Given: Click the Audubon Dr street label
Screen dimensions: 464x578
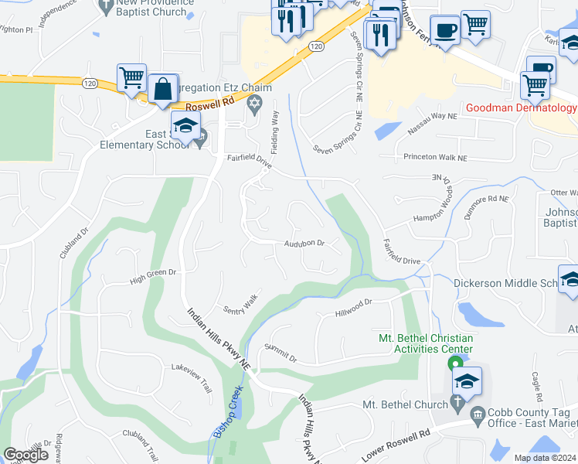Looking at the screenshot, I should point(304,243).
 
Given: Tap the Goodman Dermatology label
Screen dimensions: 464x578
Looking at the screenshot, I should point(521,108).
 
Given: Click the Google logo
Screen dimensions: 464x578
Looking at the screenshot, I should point(25,455).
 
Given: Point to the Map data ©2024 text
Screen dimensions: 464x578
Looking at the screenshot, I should point(545,458).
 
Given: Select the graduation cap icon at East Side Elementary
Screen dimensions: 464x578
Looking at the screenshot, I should point(185,126).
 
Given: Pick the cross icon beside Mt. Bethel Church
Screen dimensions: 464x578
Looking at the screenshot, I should point(457,404).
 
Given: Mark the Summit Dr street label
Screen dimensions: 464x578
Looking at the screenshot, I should point(280,355).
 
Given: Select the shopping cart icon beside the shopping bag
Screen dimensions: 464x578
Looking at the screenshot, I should point(132,78).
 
